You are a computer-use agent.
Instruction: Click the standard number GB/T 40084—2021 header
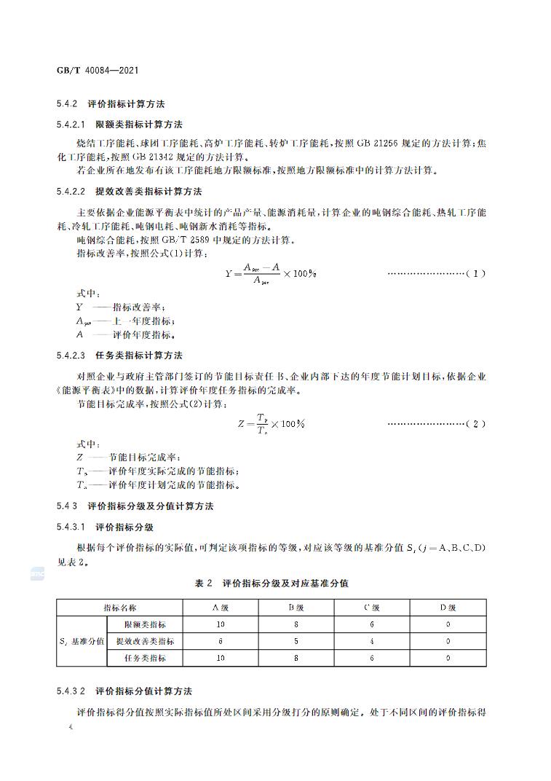[97, 70]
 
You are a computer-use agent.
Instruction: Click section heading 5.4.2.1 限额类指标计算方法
[119, 125]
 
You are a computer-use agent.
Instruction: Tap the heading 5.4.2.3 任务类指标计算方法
[119, 356]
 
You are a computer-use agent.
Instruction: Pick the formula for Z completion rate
[270, 423]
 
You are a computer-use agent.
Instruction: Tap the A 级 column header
[221, 608]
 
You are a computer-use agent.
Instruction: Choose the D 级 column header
[448, 608]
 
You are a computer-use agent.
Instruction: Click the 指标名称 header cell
[119, 608]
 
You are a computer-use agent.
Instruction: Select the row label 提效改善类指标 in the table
[145, 641]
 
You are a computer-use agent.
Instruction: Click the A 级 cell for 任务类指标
[221, 658]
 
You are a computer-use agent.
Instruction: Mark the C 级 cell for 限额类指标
[372, 624]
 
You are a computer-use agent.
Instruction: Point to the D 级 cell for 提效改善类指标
[448, 641]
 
